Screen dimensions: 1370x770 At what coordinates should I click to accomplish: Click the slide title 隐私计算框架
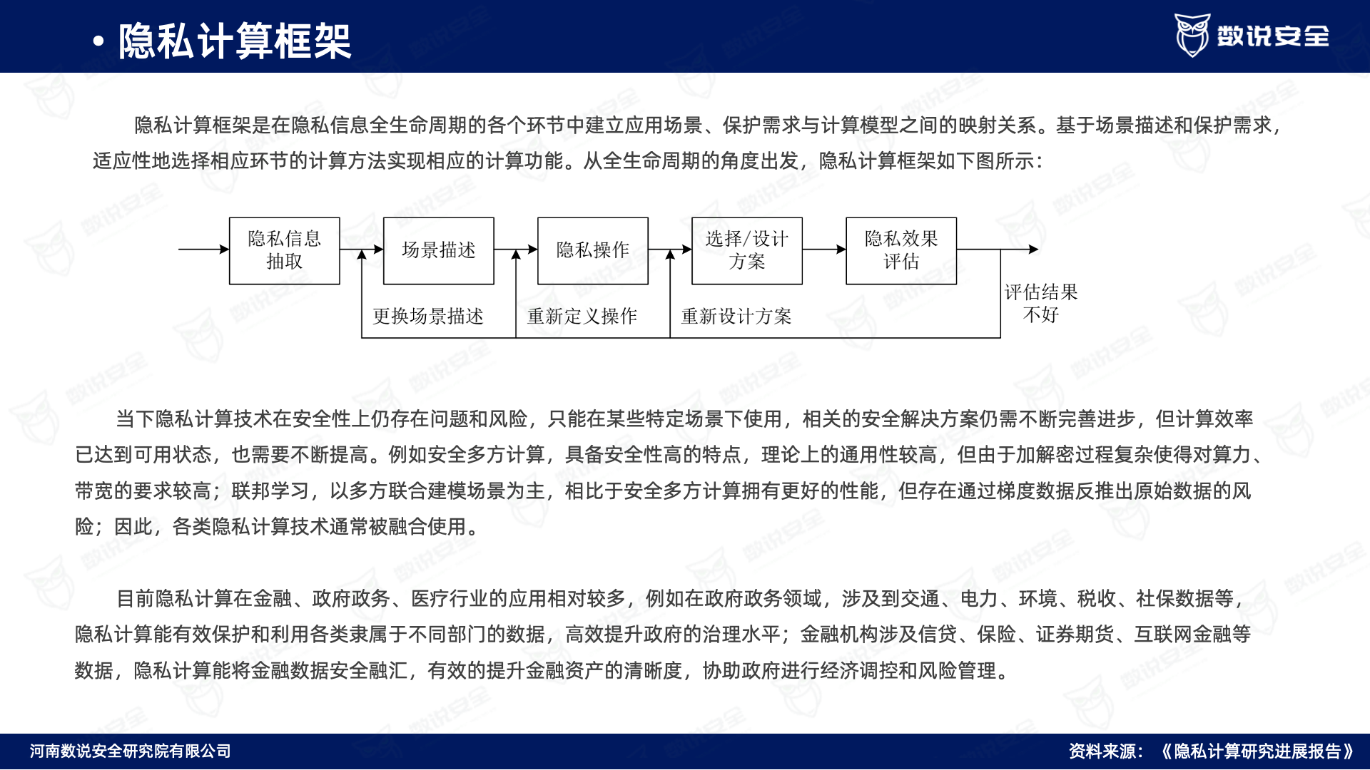(234, 41)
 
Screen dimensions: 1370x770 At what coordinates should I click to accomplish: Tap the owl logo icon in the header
(1192, 35)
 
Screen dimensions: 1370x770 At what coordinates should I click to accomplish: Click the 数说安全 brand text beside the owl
(1273, 36)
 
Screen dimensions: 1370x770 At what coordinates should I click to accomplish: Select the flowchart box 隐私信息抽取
(285, 251)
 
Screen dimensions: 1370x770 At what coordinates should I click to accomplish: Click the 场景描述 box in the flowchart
(439, 251)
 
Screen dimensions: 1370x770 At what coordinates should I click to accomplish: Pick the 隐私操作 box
(593, 251)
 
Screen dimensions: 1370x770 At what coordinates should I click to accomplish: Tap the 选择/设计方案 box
(747, 251)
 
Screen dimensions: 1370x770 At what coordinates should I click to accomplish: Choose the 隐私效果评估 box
(901, 251)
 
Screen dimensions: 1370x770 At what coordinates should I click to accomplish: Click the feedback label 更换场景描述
(428, 316)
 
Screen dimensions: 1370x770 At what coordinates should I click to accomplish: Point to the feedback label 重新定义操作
(582, 316)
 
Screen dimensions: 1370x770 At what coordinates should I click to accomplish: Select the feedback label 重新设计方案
(736, 316)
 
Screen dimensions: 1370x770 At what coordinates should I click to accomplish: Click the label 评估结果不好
(1041, 303)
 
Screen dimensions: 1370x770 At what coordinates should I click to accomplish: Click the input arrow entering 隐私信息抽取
(204, 250)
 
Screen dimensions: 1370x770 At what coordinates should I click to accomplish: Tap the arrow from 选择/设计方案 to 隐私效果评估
(824, 250)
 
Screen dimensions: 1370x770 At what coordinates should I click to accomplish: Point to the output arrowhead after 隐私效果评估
(1033, 250)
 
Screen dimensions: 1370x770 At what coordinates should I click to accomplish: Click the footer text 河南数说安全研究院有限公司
(131, 751)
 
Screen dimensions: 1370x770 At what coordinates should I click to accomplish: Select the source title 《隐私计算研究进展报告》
(1257, 751)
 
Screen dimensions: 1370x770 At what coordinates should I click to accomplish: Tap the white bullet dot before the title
(98, 41)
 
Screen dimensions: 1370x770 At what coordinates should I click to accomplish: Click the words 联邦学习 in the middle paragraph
(270, 491)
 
